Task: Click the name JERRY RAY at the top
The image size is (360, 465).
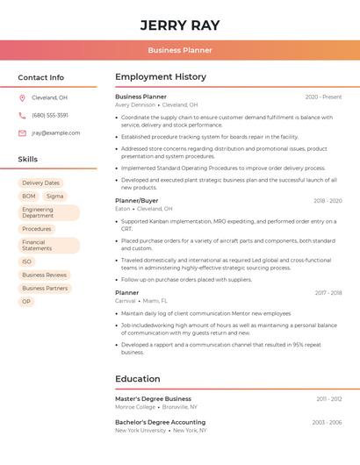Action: [x=180, y=25]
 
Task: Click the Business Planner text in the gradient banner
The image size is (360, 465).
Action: [x=180, y=50]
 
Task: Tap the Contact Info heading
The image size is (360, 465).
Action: [x=41, y=77]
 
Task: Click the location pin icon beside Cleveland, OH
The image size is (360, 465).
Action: [x=22, y=97]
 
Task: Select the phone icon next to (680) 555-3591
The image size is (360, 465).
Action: [x=22, y=115]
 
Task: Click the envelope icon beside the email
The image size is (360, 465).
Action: [x=22, y=133]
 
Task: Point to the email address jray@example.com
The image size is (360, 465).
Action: [x=55, y=133]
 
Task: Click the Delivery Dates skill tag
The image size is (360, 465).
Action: [x=40, y=183]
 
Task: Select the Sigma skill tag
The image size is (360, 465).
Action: [x=54, y=197]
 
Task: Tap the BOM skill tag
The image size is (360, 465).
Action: [x=29, y=197]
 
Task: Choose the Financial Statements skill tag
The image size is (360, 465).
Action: [x=39, y=245]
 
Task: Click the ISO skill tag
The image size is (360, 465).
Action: [x=26, y=261]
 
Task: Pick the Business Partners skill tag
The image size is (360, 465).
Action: [x=45, y=288]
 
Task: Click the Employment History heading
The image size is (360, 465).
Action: [x=161, y=77]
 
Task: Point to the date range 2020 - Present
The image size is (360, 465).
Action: [x=323, y=97]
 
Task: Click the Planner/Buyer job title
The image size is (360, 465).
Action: [x=137, y=201]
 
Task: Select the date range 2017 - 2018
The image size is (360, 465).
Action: [x=328, y=292]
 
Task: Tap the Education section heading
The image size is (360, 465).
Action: [x=138, y=379]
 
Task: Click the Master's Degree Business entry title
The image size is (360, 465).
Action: [x=153, y=399]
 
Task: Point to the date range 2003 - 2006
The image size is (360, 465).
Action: [x=327, y=422]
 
